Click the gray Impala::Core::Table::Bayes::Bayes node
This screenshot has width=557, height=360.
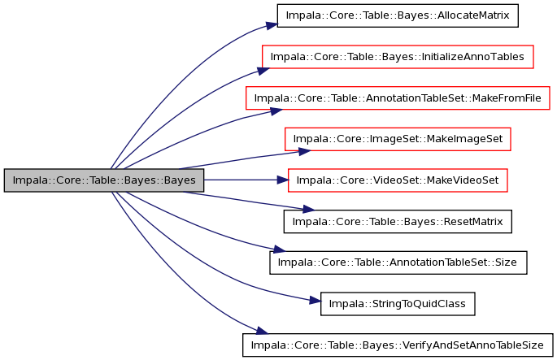click(104, 180)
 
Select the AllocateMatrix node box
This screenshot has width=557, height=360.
click(398, 15)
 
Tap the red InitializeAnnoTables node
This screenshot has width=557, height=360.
click(398, 57)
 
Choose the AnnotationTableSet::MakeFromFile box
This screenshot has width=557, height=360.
click(398, 98)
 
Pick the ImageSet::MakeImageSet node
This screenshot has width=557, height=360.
click(398, 139)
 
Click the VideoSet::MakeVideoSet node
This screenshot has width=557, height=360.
click(398, 180)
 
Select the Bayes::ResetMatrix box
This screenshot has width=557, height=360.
click(398, 222)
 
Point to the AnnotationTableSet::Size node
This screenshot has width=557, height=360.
click(398, 262)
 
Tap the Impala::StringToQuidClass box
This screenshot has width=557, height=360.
click(398, 304)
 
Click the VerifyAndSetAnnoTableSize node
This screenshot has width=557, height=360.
click(398, 345)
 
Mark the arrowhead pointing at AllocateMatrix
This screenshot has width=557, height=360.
click(272, 25)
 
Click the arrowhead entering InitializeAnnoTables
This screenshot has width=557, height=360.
click(263, 71)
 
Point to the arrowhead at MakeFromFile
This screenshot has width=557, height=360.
click(276, 111)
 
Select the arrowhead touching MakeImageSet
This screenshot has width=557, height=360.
click(305, 152)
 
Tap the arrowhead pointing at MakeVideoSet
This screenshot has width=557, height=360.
click(283, 180)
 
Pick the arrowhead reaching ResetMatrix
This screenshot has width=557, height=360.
click(309, 210)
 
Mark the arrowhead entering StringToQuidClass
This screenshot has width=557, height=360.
click(315, 301)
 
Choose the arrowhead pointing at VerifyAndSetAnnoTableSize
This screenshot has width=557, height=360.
click(262, 332)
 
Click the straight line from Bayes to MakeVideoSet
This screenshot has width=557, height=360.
click(241, 180)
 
